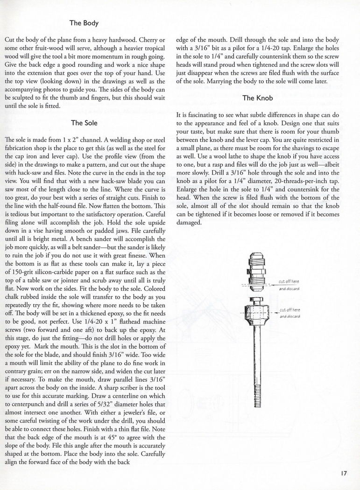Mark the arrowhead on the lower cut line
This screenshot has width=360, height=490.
pyautogui.click(x=275, y=312)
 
